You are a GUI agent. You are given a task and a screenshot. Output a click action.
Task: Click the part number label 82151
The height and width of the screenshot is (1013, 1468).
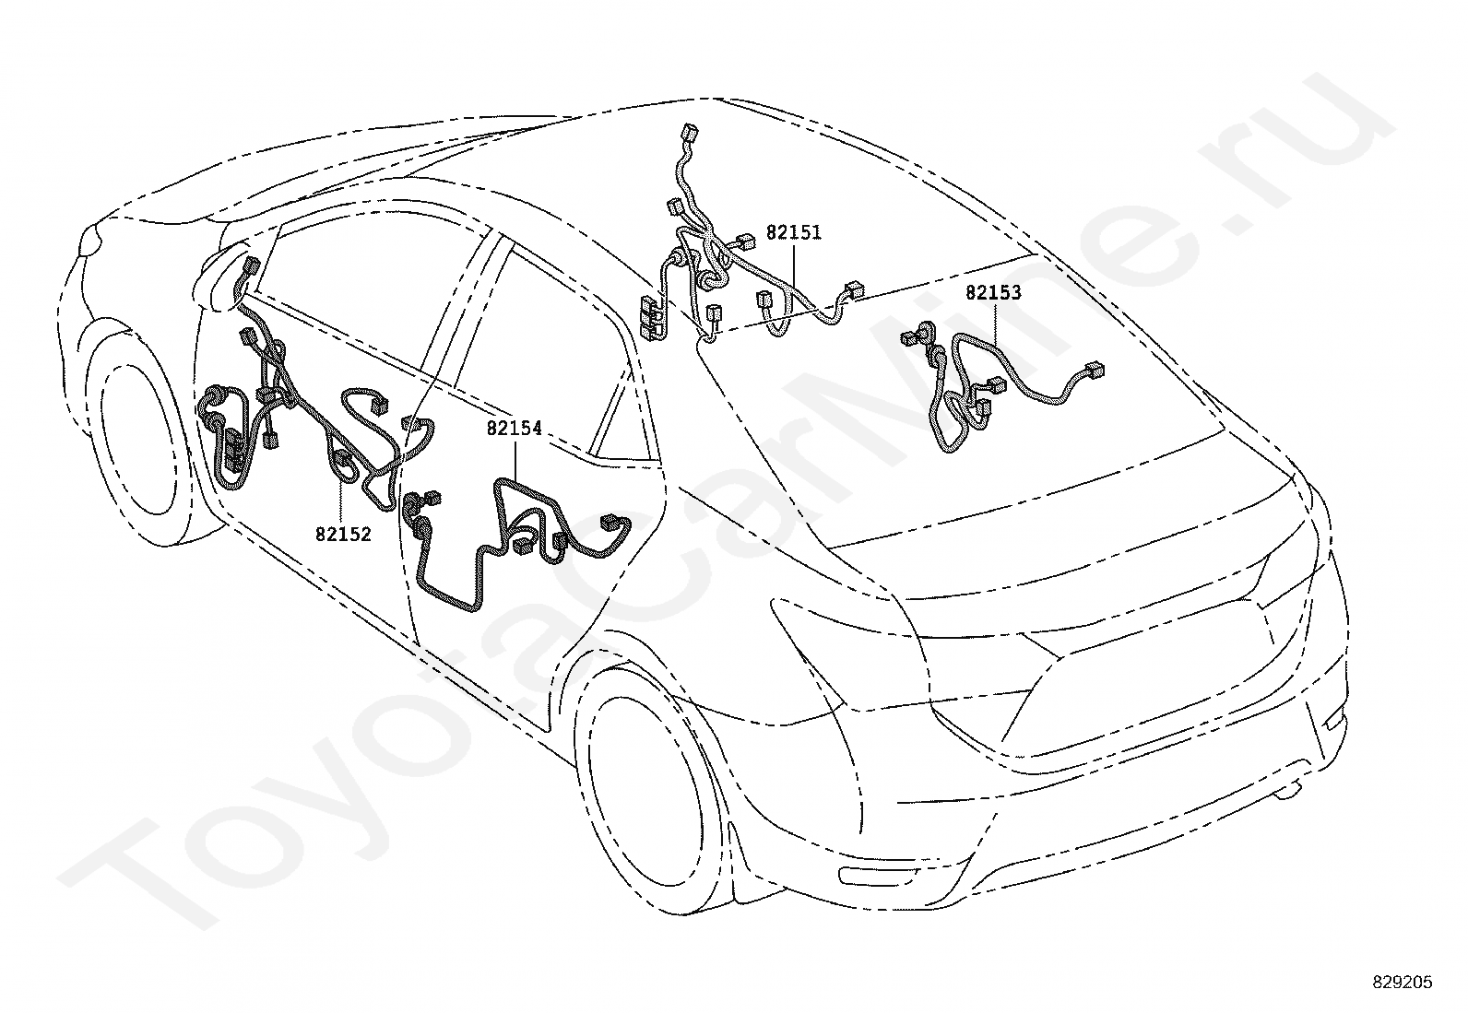tap(793, 232)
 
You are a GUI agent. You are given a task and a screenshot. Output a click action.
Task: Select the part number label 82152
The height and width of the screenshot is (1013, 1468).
tap(343, 534)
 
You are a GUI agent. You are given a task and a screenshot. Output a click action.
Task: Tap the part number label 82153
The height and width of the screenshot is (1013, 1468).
tap(993, 293)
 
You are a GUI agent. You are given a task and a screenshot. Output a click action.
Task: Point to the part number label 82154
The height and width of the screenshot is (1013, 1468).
tap(515, 428)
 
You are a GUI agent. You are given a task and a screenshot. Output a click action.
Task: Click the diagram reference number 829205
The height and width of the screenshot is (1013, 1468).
tap(1402, 984)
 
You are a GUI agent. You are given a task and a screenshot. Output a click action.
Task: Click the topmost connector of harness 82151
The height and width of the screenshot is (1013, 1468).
tap(688, 134)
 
